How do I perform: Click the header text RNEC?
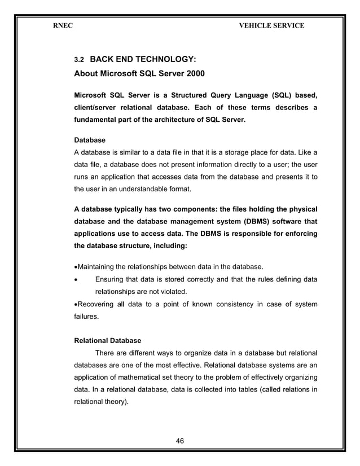click(62, 25)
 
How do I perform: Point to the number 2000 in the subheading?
click(190, 73)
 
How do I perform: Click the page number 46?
click(181, 439)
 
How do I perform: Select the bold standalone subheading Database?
click(90, 139)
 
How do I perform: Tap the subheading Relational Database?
click(108, 341)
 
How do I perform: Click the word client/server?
click(103, 107)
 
